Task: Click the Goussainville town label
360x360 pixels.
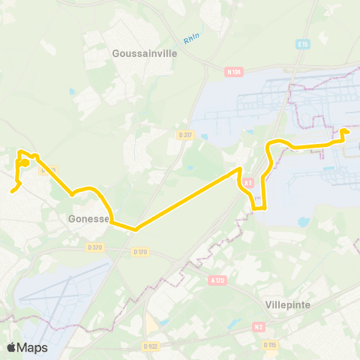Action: [142, 54]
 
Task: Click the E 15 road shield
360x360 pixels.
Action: [303, 44]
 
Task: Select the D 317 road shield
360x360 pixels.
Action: [184, 134]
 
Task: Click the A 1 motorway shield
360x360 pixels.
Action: [249, 182]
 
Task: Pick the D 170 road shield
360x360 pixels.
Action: [139, 252]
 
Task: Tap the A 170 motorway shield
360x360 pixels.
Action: [217, 280]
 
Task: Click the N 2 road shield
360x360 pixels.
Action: [259, 326]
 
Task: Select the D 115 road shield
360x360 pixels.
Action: [269, 345]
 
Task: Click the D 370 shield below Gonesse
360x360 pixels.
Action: [94, 247]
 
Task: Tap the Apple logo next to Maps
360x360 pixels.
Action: [11, 347]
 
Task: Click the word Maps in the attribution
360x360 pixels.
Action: [32, 347]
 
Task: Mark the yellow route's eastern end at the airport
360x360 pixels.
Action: [343, 132]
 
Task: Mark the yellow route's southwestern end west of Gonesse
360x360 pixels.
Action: [12, 191]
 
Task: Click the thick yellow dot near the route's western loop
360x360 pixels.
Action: [25, 162]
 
